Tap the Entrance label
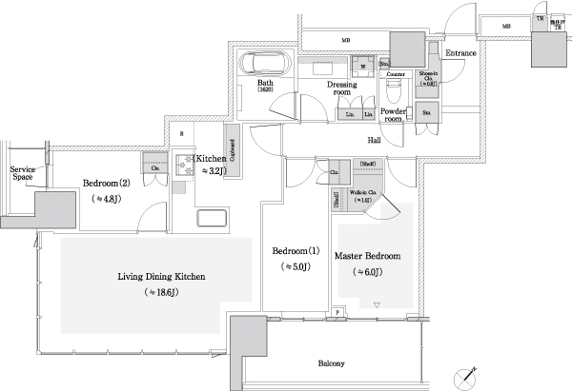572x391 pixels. click(x=460, y=53)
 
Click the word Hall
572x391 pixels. click(x=377, y=140)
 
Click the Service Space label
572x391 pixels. click(x=22, y=173)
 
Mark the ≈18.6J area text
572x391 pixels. click(x=160, y=291)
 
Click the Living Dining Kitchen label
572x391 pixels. click(x=161, y=277)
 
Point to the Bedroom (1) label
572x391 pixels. click(x=295, y=251)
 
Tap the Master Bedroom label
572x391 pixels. click(x=367, y=257)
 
